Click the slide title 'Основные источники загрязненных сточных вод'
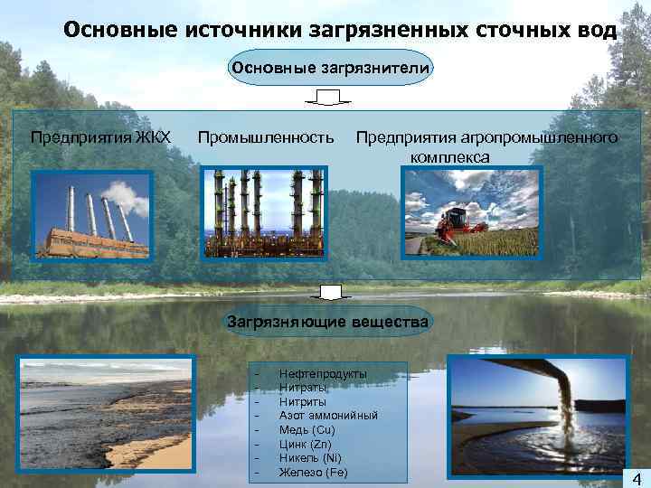[340, 30]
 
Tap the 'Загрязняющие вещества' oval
[328, 321]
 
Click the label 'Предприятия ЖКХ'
[100, 137]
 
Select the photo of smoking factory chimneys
[91, 216]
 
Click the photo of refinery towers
[260, 213]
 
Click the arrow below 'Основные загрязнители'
[328, 98]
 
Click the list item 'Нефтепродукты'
[323, 374]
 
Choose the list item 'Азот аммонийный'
[328, 416]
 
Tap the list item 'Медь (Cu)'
[307, 430]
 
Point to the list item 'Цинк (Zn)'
[307, 445]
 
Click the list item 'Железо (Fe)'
[313, 473]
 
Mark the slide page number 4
[637, 478]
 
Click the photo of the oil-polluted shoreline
[108, 415]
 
